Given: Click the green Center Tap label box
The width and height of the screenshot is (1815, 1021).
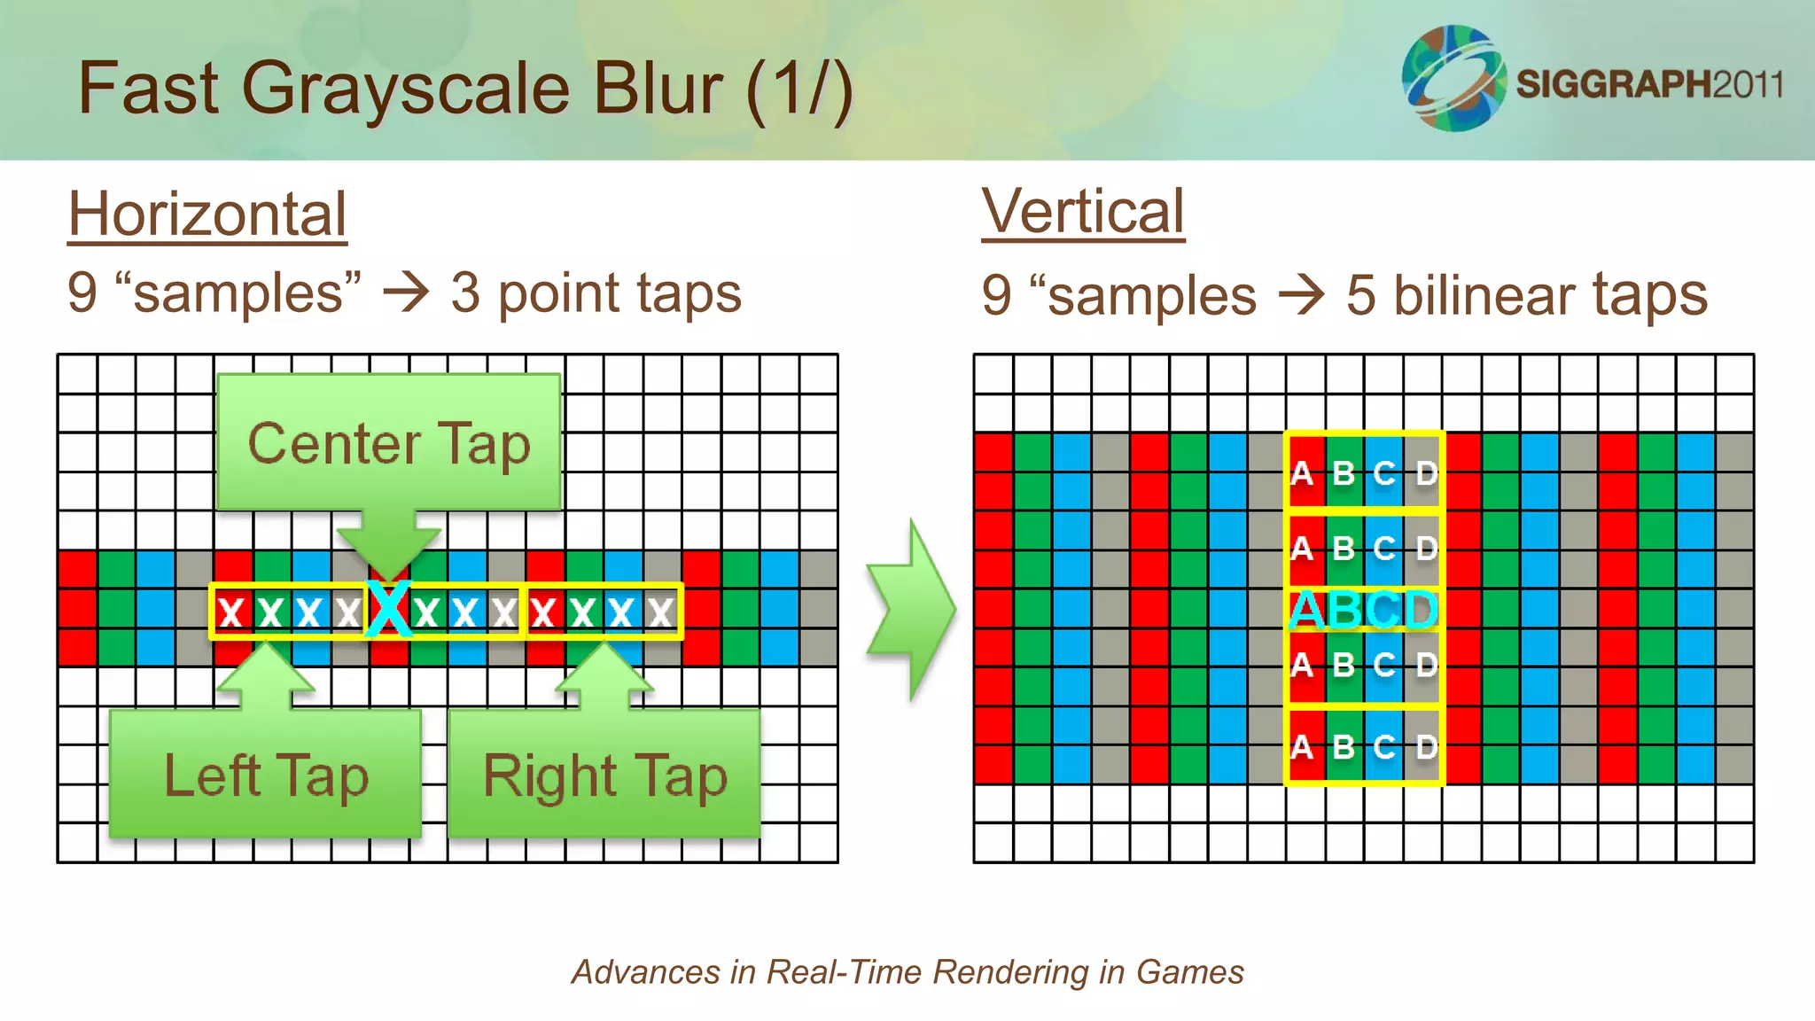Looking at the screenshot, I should [389, 442].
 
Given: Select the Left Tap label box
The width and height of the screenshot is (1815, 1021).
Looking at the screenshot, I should [265, 775].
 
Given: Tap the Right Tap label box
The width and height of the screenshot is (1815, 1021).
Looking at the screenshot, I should [604, 775].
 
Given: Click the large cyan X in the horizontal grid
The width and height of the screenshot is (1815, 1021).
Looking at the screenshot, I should [389, 609].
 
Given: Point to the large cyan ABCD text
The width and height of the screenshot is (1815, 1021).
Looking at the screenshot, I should [1363, 610].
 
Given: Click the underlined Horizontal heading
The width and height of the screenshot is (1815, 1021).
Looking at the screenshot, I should [207, 214].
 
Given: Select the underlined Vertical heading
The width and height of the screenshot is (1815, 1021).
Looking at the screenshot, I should [1082, 212].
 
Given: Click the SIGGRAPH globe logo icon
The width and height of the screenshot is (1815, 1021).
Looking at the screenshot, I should [1453, 78].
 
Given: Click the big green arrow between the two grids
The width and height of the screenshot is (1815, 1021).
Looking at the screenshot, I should [911, 610].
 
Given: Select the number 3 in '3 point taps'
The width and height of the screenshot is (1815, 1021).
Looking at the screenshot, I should [465, 293].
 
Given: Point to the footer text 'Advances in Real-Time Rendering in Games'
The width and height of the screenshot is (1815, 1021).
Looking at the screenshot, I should [907, 972].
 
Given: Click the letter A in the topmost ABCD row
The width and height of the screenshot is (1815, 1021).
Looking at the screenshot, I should [1301, 473].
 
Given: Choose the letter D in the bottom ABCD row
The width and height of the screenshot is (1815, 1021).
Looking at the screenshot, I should [1425, 747].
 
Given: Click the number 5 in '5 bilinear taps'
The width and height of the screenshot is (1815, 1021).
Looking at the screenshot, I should [1360, 295].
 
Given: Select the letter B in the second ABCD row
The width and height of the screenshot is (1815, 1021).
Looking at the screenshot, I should [1344, 549].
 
